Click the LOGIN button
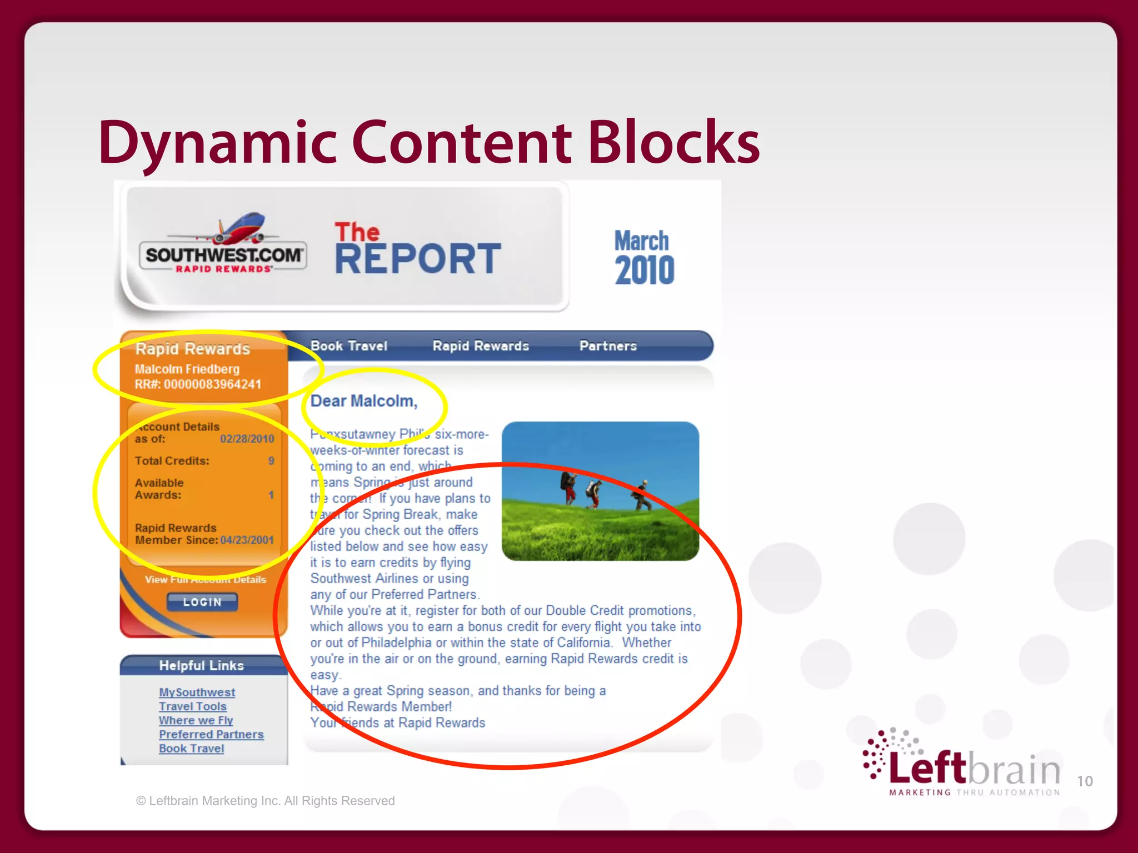tap(202, 602)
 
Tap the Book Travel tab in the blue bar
tap(349, 346)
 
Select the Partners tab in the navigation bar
tap(608, 346)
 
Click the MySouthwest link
tap(197, 693)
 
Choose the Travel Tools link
tap(193, 706)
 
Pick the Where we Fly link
tap(196, 720)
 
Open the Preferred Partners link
tap(211, 734)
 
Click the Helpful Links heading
tap(201, 665)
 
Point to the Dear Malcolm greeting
tap(364, 401)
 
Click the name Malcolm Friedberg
tap(187, 369)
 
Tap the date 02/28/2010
tap(247, 439)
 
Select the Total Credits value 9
tap(271, 461)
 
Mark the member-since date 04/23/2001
tap(247, 540)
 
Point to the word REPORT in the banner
tap(418, 259)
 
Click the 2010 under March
tap(645, 270)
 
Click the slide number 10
tap(1085, 781)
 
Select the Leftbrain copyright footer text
tap(266, 801)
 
